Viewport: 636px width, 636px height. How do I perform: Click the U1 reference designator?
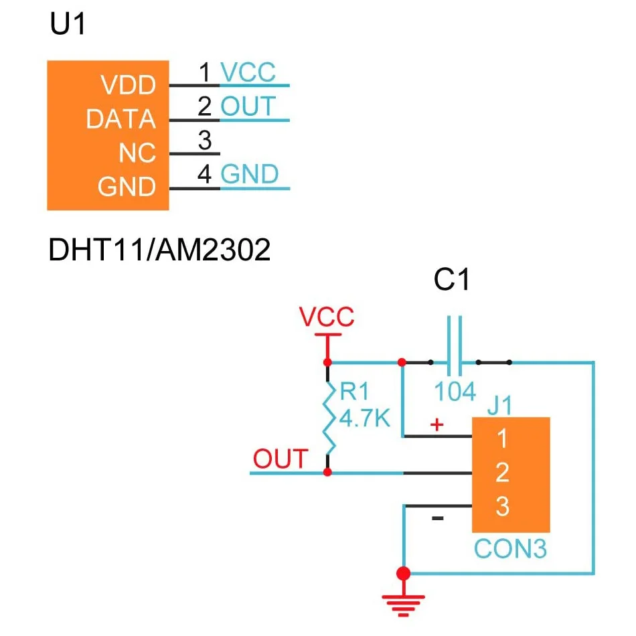tap(68, 26)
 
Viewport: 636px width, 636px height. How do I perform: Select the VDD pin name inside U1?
tap(127, 86)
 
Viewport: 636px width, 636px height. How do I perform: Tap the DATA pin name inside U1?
tap(121, 120)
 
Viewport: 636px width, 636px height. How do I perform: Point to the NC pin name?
tap(137, 154)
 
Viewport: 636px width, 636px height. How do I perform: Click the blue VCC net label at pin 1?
tap(248, 72)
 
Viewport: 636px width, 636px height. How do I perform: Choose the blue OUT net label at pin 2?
tap(248, 106)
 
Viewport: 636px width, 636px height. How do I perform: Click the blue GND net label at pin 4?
tap(249, 175)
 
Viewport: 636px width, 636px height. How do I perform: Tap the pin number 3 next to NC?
tap(205, 141)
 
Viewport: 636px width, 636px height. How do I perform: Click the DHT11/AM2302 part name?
tap(159, 251)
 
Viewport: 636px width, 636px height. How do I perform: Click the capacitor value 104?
tap(455, 392)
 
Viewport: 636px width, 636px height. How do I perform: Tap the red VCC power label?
tap(327, 317)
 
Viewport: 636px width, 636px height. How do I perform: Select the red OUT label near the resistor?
tap(280, 459)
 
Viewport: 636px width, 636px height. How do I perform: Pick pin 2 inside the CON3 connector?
tap(502, 473)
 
